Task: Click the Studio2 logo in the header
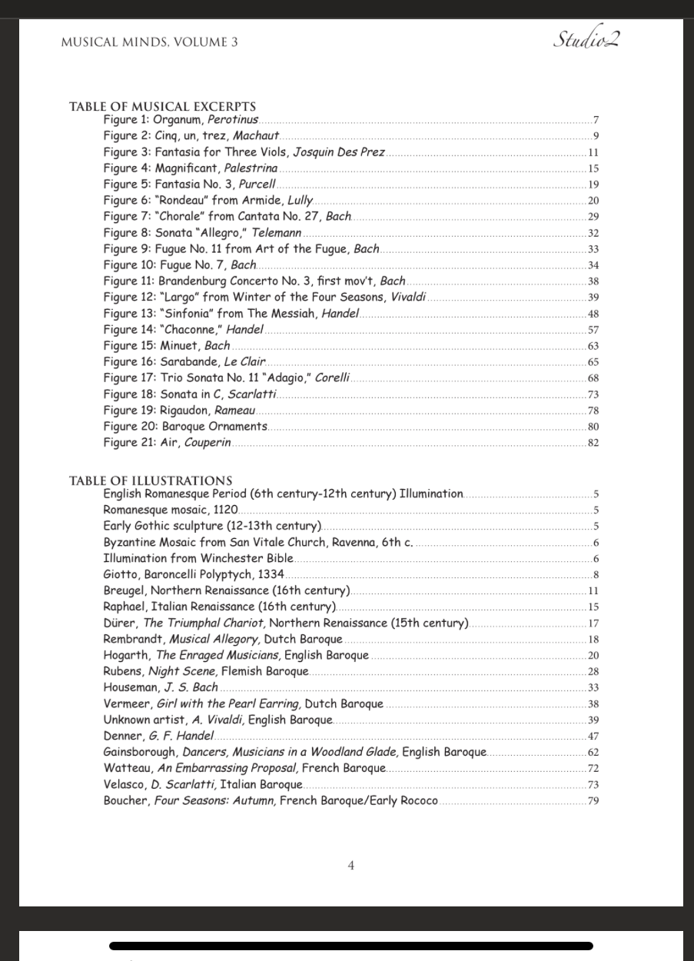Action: [586, 39]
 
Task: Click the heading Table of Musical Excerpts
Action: [162, 107]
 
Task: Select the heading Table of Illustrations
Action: [151, 481]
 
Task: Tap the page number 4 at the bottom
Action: [351, 866]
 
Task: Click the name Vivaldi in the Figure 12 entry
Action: [408, 298]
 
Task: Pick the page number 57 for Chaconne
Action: [593, 330]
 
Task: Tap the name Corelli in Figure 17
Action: [332, 378]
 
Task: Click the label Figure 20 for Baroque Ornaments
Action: [130, 427]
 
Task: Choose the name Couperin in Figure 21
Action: [208, 443]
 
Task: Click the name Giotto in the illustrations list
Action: [120, 574]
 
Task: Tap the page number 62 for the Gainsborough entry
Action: [593, 753]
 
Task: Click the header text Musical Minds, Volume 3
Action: [149, 42]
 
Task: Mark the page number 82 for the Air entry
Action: [593, 443]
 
